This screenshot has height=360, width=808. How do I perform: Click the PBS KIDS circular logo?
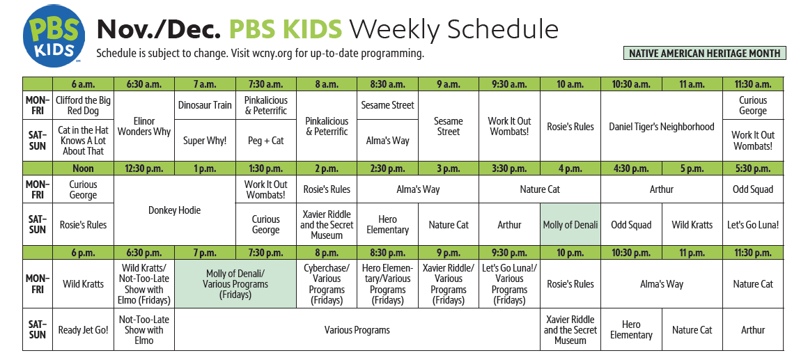coord(53,36)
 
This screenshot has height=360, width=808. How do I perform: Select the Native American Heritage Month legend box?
coord(704,53)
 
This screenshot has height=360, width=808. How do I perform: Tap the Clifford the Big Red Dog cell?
coord(84,105)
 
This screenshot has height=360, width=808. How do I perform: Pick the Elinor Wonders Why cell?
coord(144,126)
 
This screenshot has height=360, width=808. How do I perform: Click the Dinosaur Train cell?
coord(205,105)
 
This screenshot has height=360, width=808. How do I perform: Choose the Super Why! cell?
coord(205,140)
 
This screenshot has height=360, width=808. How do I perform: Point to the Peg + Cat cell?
coord(266,140)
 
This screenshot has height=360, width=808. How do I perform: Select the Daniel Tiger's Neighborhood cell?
coord(662,126)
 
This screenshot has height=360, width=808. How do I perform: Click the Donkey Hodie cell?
coord(175,210)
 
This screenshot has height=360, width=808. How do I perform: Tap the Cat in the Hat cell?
coord(84,140)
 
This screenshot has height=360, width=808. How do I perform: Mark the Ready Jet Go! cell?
coord(84,329)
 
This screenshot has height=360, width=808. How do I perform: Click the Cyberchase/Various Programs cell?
coord(327,284)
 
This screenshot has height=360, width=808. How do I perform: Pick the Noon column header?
coord(84,169)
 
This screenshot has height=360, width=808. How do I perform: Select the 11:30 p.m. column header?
coord(753,252)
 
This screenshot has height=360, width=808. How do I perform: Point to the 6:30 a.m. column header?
coord(144,84)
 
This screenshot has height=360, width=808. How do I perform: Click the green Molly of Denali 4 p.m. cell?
coord(570,224)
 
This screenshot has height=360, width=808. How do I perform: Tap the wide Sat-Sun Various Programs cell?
coord(357,329)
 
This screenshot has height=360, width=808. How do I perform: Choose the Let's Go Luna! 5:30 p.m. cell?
coord(753,224)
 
